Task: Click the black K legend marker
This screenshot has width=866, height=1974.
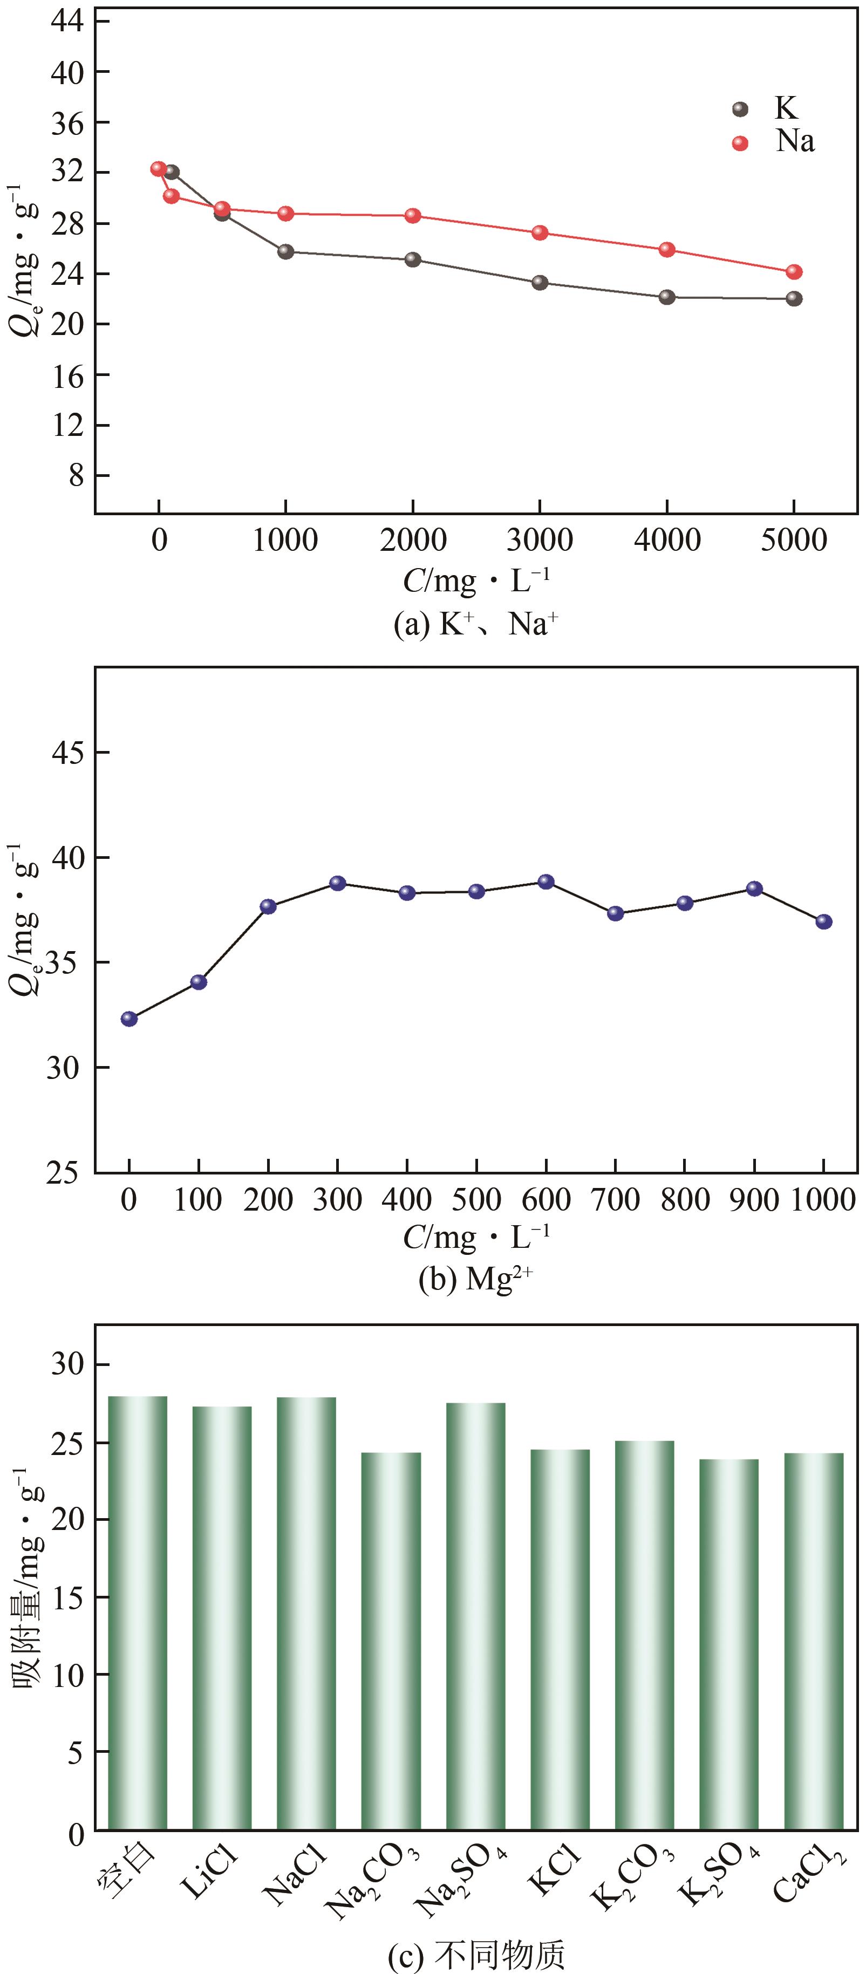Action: coord(740,109)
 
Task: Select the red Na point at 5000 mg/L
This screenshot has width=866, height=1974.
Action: coord(794,272)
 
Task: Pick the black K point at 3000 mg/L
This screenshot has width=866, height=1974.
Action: coord(540,283)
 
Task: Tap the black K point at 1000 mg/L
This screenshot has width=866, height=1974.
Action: coord(286,251)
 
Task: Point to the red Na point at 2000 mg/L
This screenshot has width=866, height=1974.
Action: coord(413,215)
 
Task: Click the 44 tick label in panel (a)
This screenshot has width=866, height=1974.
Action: coord(67,22)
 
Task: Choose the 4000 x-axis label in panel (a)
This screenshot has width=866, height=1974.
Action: coord(667,540)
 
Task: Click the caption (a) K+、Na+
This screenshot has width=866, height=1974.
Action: coord(475,625)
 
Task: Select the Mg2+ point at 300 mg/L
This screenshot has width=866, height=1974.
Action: coord(338,883)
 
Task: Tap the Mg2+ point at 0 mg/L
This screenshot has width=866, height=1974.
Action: coord(129,1019)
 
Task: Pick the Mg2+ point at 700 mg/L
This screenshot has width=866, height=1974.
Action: coord(616,913)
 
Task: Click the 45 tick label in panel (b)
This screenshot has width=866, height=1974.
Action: coord(67,753)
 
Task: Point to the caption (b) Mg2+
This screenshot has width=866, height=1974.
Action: coord(475,1279)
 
